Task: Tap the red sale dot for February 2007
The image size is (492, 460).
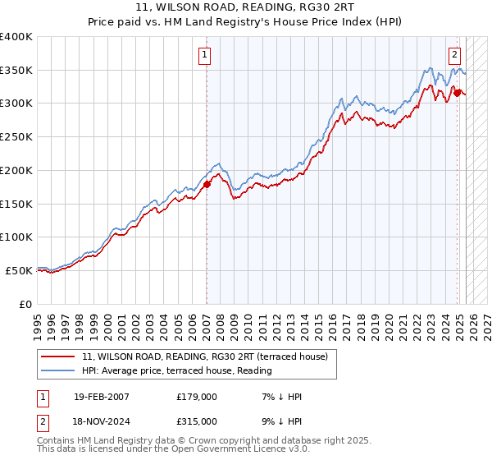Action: pos(207,184)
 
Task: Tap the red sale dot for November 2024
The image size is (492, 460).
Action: pos(457,93)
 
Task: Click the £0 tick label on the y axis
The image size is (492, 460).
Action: pos(25,304)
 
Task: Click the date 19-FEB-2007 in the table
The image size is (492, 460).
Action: pos(101,397)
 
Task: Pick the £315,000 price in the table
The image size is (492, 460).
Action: pos(197,421)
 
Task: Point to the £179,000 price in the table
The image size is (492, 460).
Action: pos(197,397)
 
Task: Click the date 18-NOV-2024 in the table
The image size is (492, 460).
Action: pos(102,421)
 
